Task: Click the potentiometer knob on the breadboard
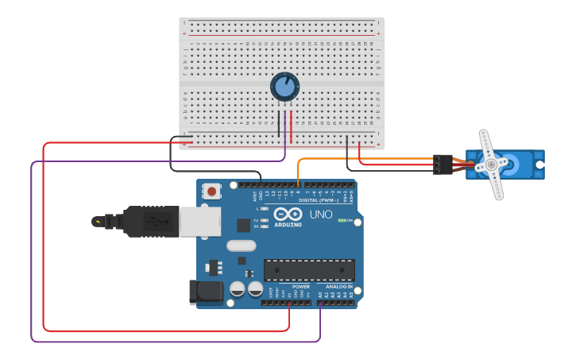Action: point(284,86)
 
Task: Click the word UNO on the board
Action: point(321,215)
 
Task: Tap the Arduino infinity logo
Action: point(287,214)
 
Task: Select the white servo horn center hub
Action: point(492,165)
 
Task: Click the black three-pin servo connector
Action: point(443,165)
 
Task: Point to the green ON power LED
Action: point(342,220)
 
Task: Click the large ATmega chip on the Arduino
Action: point(309,270)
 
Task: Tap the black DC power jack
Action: point(206,292)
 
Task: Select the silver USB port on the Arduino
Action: point(199,222)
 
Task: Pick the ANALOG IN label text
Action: point(338,286)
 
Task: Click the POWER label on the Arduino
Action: point(300,286)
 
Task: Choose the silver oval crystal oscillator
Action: point(241,246)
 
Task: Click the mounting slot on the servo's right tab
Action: point(539,165)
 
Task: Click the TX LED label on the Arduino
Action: point(255,220)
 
